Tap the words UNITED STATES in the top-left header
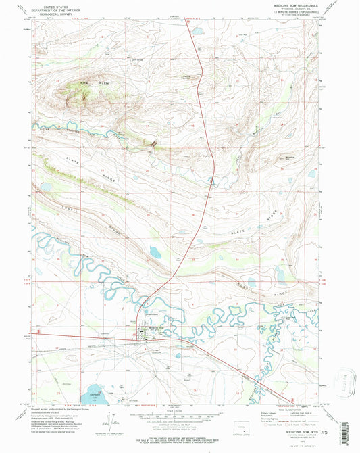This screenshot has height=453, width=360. tap(54, 5)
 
